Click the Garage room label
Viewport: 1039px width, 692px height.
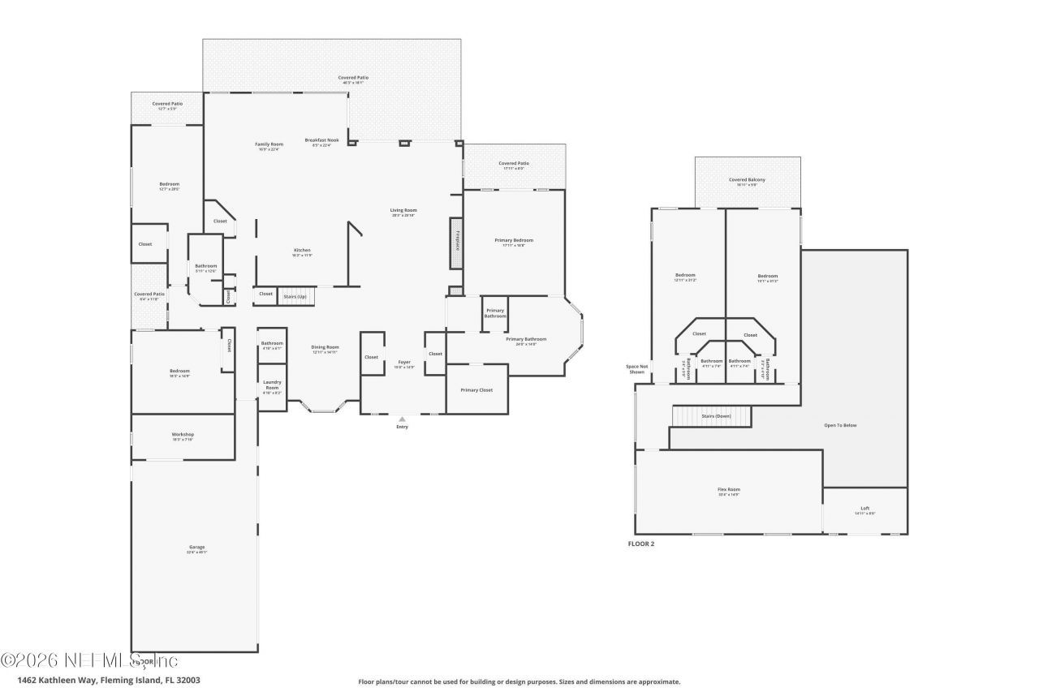(196, 548)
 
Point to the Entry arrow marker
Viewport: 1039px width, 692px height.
(402, 419)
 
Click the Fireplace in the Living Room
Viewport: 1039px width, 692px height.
(457, 243)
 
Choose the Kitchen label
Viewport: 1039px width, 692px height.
(302, 251)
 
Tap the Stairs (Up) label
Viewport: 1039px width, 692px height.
(295, 297)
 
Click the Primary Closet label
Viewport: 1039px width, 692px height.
(476, 390)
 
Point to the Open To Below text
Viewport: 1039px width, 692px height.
(840, 425)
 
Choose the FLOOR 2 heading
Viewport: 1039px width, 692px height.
(640, 544)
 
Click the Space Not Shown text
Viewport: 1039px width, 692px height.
(637, 369)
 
